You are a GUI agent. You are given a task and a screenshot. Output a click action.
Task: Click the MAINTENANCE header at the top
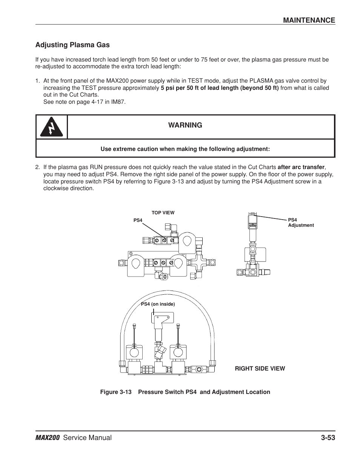(309, 20)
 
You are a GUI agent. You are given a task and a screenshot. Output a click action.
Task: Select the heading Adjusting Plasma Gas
(72, 45)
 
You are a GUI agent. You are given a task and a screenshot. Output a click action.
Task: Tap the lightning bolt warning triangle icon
(51, 127)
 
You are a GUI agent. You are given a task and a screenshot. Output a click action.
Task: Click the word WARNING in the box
(185, 125)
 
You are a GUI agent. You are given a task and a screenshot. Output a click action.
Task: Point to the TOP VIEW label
(163, 213)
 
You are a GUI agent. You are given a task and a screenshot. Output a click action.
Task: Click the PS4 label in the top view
(138, 220)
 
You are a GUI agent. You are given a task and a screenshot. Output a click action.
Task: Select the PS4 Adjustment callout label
(301, 223)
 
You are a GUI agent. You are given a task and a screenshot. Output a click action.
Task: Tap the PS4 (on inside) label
(158, 304)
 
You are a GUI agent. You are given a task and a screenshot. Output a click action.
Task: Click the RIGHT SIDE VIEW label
(260, 368)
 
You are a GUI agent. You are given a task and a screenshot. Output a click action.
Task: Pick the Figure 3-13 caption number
(116, 392)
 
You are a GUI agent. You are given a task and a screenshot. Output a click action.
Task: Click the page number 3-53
(328, 438)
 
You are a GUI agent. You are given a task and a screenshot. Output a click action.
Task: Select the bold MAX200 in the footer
(48, 438)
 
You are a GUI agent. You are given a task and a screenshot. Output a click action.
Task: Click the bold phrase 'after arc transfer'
(301, 167)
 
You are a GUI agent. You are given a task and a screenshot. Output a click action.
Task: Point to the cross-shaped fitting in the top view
(199, 262)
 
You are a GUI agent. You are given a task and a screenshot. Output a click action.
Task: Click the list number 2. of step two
(37, 167)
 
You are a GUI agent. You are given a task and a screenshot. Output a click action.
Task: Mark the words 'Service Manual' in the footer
(88, 438)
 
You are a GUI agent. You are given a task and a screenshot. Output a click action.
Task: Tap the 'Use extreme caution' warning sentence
(185, 149)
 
